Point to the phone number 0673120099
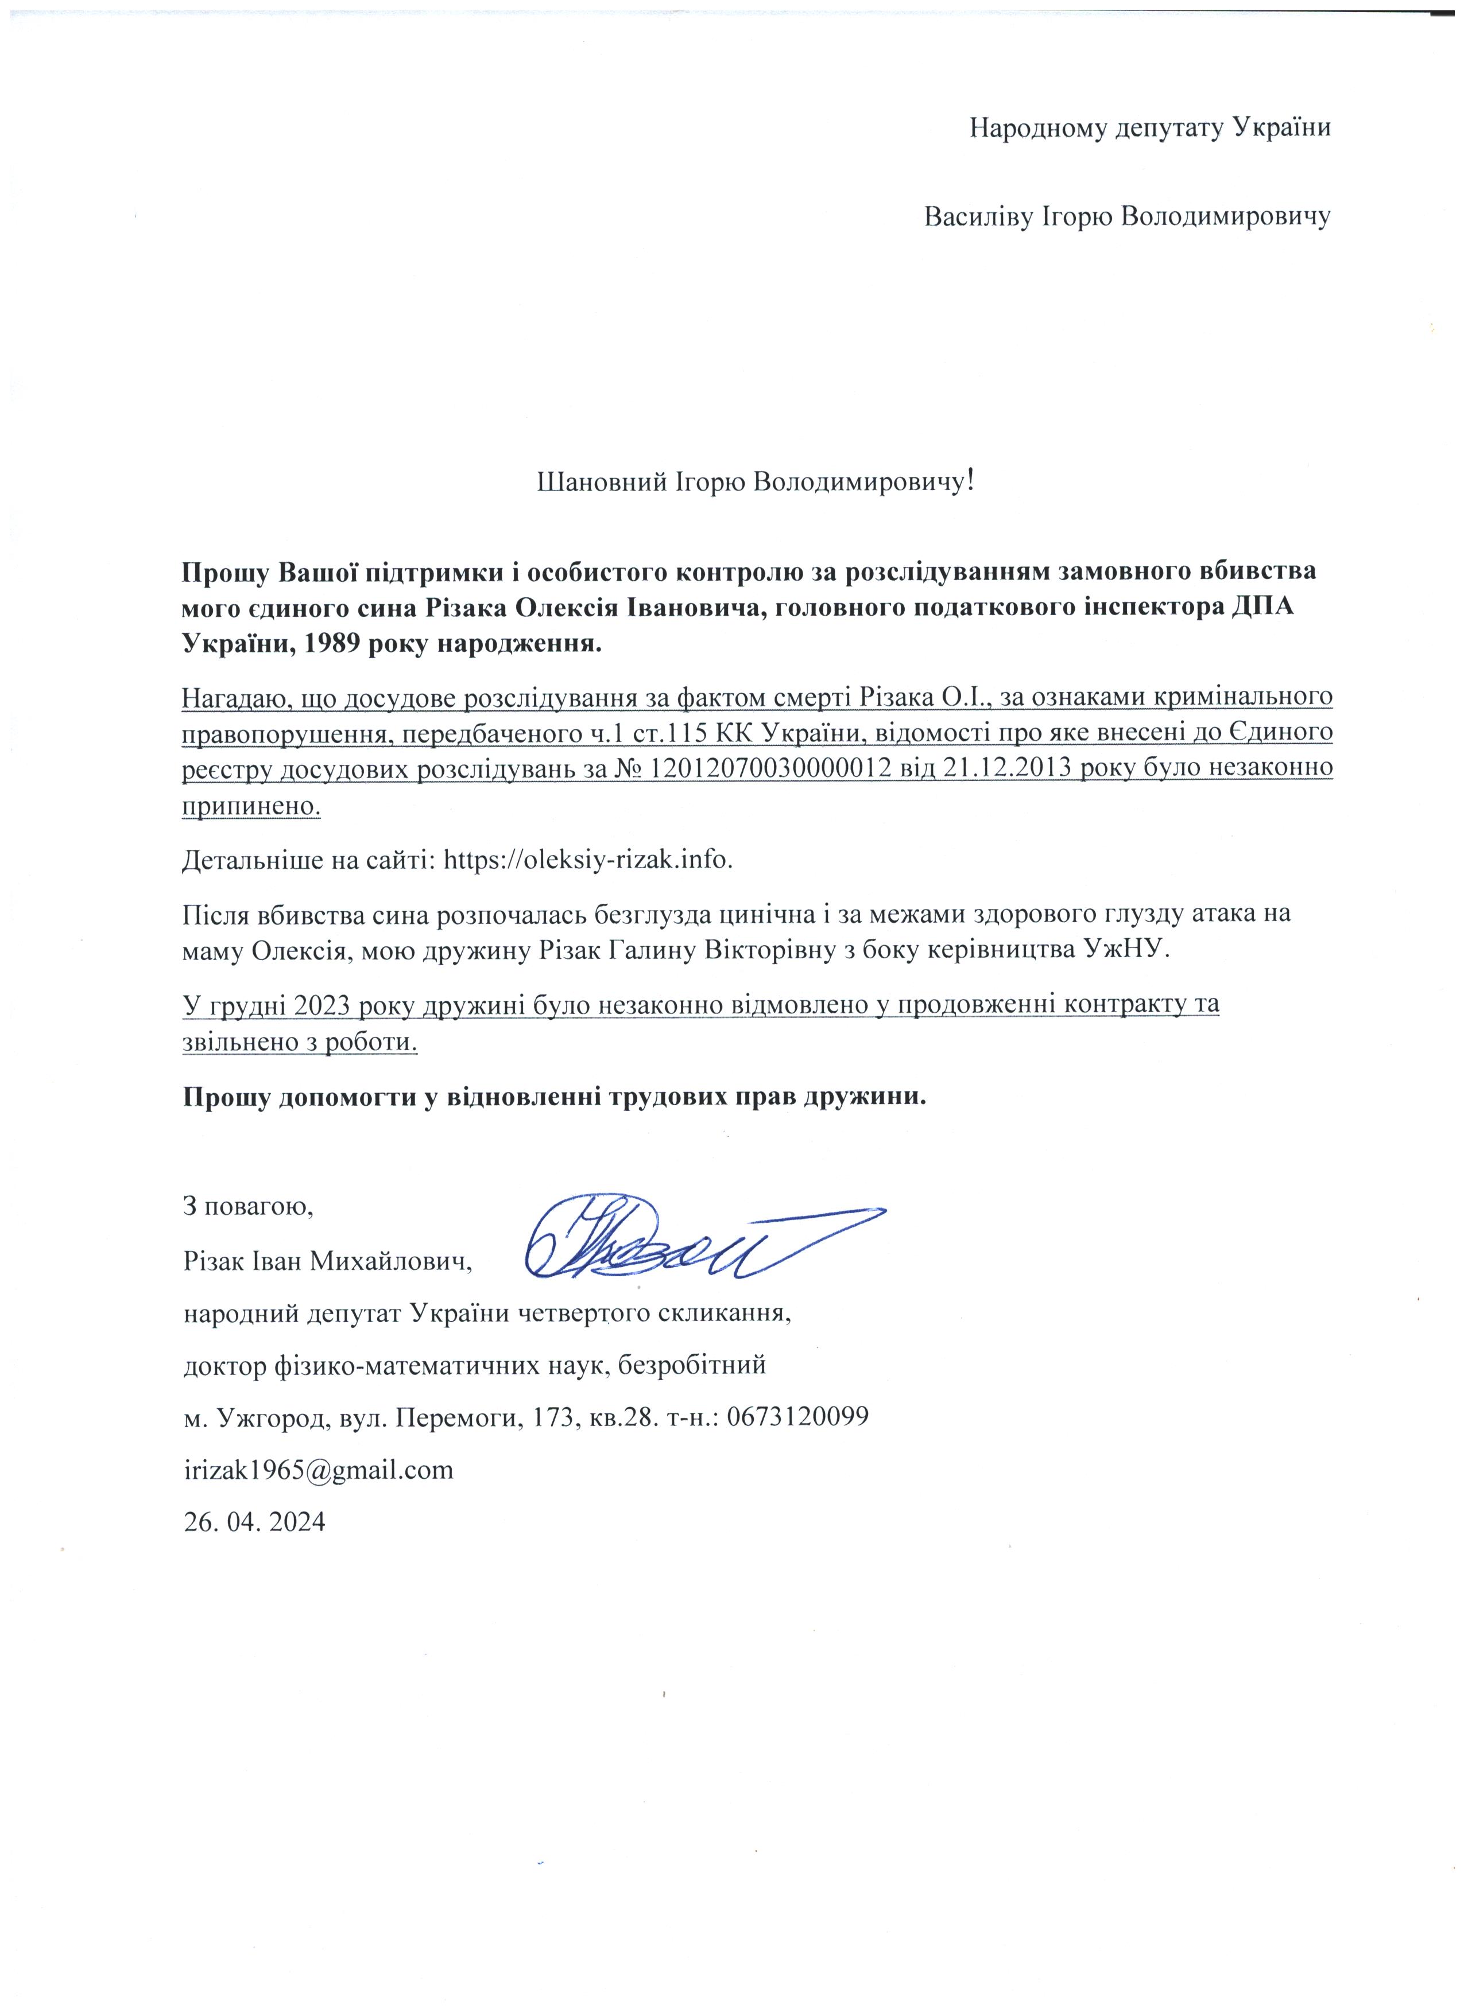click(797, 1417)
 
